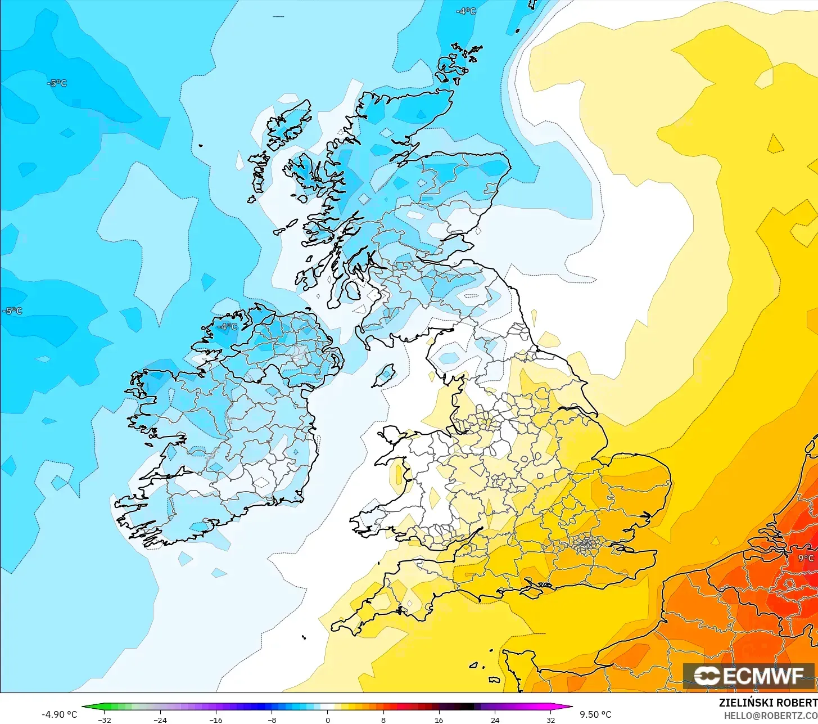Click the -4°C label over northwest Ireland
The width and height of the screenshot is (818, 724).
pos(228,326)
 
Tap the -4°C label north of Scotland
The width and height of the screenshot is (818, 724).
pos(466,11)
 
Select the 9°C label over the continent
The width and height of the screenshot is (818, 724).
pos(806,558)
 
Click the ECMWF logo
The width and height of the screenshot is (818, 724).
pos(749,676)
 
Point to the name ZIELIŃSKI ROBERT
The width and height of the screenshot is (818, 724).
pos(768,703)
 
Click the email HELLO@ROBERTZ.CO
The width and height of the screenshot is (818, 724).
pos(770,715)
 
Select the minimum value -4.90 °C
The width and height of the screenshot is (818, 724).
pos(59,714)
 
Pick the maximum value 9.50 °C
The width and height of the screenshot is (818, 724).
pos(595,714)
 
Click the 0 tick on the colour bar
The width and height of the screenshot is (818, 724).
pos(327,719)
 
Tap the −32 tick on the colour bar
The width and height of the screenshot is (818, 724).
pos(104,719)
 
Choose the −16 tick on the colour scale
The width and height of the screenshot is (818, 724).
pos(216,719)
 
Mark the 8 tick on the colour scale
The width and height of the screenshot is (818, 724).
pos(383,719)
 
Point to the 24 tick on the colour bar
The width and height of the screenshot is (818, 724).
pos(495,719)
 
